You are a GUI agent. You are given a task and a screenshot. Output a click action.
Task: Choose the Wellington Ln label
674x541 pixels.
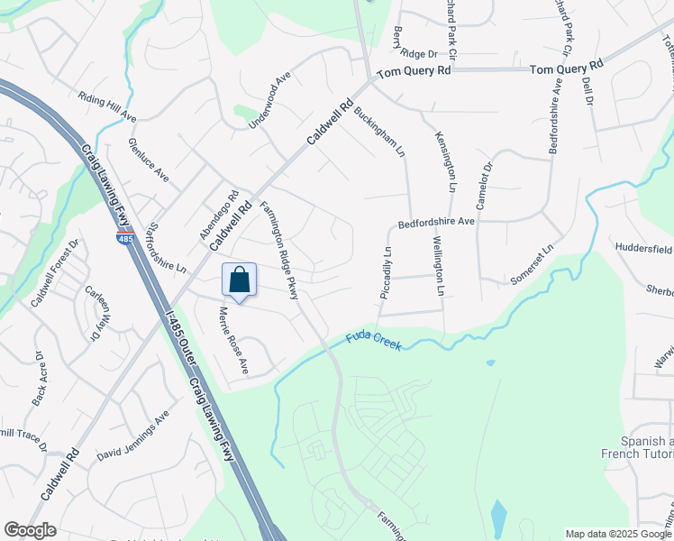coord(438,265)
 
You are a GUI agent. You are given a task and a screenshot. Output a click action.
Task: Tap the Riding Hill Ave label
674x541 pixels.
coord(106,106)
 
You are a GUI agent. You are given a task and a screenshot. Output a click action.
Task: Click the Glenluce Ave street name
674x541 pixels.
coord(148,160)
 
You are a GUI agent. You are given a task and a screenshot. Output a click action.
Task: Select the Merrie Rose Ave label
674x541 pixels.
coord(232,341)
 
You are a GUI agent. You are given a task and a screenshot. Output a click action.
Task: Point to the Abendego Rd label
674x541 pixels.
coord(219,215)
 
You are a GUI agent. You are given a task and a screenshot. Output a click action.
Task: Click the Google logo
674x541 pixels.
coord(30,530)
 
